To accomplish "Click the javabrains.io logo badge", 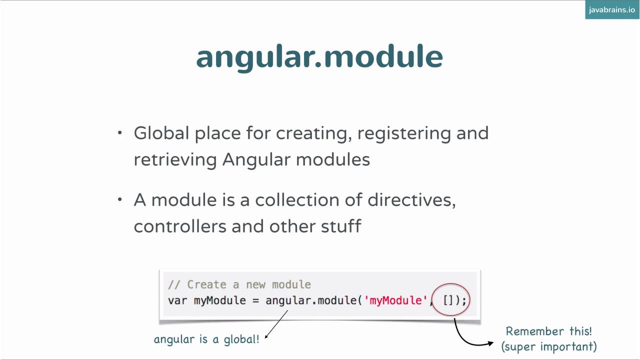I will tap(611, 10).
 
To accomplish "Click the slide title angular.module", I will tap(319, 56).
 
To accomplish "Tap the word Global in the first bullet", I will tap(161, 133).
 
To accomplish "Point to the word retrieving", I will tap(175, 160).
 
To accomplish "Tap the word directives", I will tap(411, 200).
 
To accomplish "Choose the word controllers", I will tap(179, 226).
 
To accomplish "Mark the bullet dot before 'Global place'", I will tap(120, 133).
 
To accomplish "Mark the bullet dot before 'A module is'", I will tap(120, 200).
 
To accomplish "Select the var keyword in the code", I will tap(177, 300).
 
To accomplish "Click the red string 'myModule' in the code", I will tap(395, 300).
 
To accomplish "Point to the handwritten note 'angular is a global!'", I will tap(206, 339).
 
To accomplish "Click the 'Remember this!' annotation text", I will tap(548, 331).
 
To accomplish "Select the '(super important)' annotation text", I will tap(548, 346).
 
